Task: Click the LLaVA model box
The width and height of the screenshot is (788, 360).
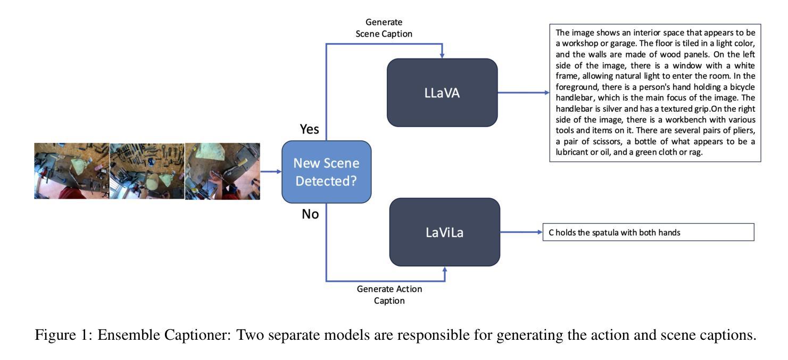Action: (442, 93)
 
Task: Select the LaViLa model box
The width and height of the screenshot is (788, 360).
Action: (445, 232)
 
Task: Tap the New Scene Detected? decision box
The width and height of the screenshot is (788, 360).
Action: (327, 172)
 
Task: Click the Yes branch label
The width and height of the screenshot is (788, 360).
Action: (309, 129)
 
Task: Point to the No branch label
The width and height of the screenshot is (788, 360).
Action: (310, 214)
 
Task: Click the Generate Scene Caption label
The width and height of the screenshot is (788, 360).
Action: (384, 28)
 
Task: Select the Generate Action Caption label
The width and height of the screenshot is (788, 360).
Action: (389, 295)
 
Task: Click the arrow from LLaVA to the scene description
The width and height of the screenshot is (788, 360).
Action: (524, 93)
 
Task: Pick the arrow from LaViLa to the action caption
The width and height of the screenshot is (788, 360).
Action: (521, 232)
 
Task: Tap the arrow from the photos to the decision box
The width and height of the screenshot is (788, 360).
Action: (271, 172)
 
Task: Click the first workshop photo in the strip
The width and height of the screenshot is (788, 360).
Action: (72, 171)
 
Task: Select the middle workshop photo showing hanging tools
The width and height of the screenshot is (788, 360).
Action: (147, 171)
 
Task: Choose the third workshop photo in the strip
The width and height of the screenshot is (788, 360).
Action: (223, 171)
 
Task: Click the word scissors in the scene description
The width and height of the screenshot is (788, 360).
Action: (608, 141)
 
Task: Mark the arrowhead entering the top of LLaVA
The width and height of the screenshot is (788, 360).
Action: (442, 55)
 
